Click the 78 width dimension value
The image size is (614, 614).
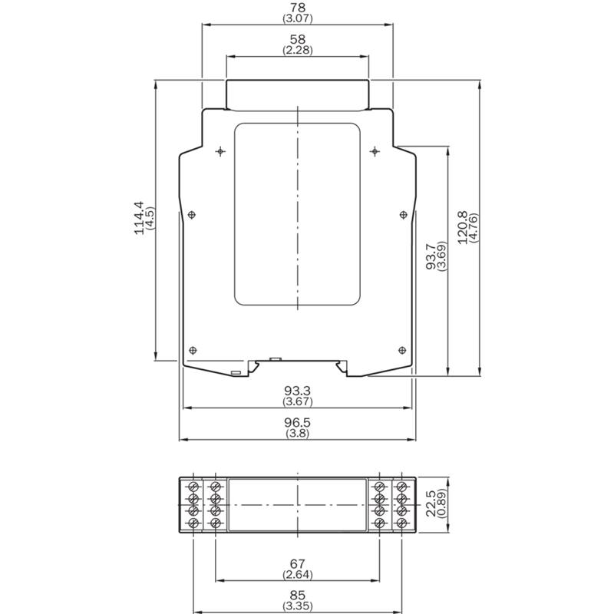(298, 8)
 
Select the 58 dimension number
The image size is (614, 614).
(298, 39)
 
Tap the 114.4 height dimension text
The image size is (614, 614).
(139, 218)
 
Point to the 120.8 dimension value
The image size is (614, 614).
(463, 227)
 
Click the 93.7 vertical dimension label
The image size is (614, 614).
(431, 257)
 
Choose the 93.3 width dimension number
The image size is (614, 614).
(298, 391)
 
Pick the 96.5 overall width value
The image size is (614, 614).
(298, 423)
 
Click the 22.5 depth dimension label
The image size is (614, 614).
(431, 504)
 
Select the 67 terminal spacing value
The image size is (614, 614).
(298, 563)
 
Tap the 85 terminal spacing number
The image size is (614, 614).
(298, 596)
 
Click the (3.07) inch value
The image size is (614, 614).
(298, 18)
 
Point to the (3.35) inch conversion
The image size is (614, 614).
(298, 606)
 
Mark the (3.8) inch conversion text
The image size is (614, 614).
(298, 433)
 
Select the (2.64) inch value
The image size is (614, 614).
(298, 574)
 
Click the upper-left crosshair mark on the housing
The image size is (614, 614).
(220, 151)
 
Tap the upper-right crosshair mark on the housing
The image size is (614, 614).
(375, 151)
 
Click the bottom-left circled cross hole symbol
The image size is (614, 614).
(193, 350)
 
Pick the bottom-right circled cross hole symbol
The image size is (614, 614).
(402, 350)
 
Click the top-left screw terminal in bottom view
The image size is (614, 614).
(193, 487)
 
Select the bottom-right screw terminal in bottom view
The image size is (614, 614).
(401, 523)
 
